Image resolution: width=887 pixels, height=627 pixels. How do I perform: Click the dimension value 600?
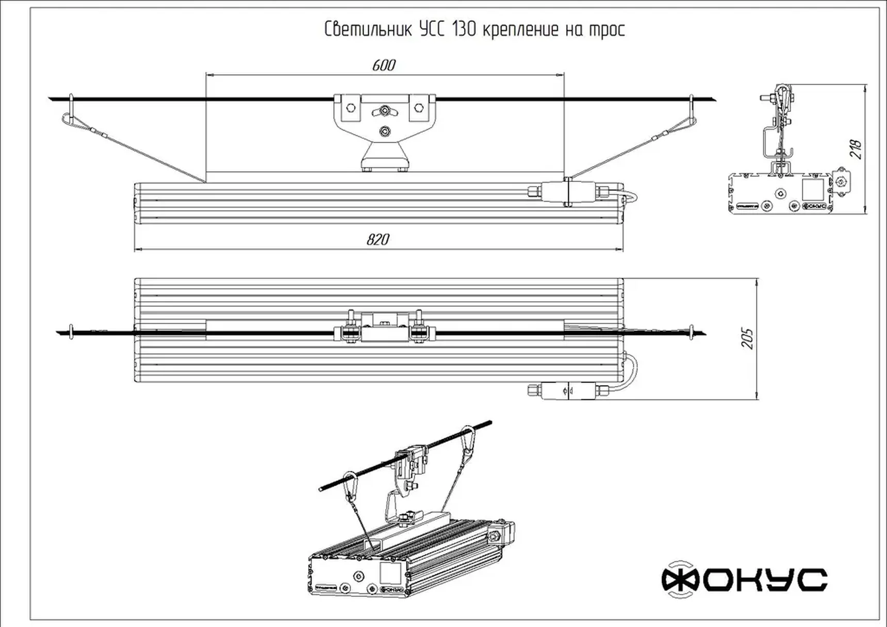[384, 65]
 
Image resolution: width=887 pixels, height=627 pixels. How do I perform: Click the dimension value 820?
[378, 240]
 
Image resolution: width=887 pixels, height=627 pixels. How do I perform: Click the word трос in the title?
[606, 30]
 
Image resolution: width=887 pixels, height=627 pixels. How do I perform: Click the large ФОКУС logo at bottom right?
[744, 580]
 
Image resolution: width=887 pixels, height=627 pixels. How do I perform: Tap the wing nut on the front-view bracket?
[384, 110]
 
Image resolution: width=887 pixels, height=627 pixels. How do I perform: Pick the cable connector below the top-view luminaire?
[568, 390]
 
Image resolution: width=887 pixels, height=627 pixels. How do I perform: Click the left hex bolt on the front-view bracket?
[351, 108]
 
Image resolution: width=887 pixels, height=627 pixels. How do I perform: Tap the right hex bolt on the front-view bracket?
[418, 108]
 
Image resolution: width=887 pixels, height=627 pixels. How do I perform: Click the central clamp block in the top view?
[384, 327]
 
